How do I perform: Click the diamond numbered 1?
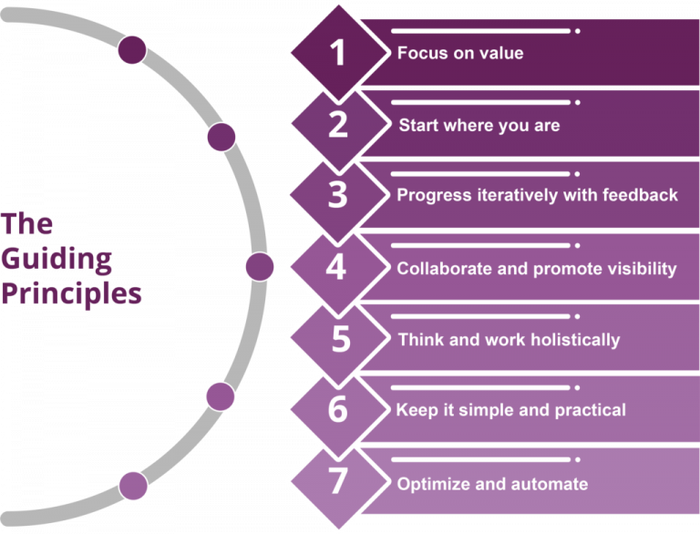[338, 52]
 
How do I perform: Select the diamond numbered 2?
[338, 124]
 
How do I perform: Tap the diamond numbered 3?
[338, 195]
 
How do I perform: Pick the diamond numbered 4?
[338, 267]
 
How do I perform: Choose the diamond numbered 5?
[340, 339]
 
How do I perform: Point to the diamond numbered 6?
[338, 410]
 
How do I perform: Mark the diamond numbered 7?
[338, 483]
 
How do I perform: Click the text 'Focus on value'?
[460, 53]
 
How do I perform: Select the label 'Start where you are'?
[479, 125]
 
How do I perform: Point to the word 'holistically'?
[574, 340]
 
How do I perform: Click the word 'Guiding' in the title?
[57, 260]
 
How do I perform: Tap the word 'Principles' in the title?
[71, 293]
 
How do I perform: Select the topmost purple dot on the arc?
[132, 49]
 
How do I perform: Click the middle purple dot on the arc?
[259, 266]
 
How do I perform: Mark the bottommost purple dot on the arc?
[133, 485]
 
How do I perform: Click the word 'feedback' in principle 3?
[644, 195]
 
